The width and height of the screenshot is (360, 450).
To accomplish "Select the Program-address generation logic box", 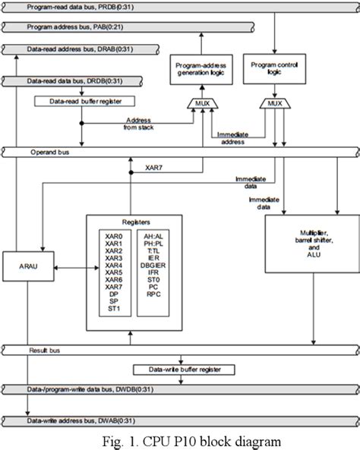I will (x=197, y=72).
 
